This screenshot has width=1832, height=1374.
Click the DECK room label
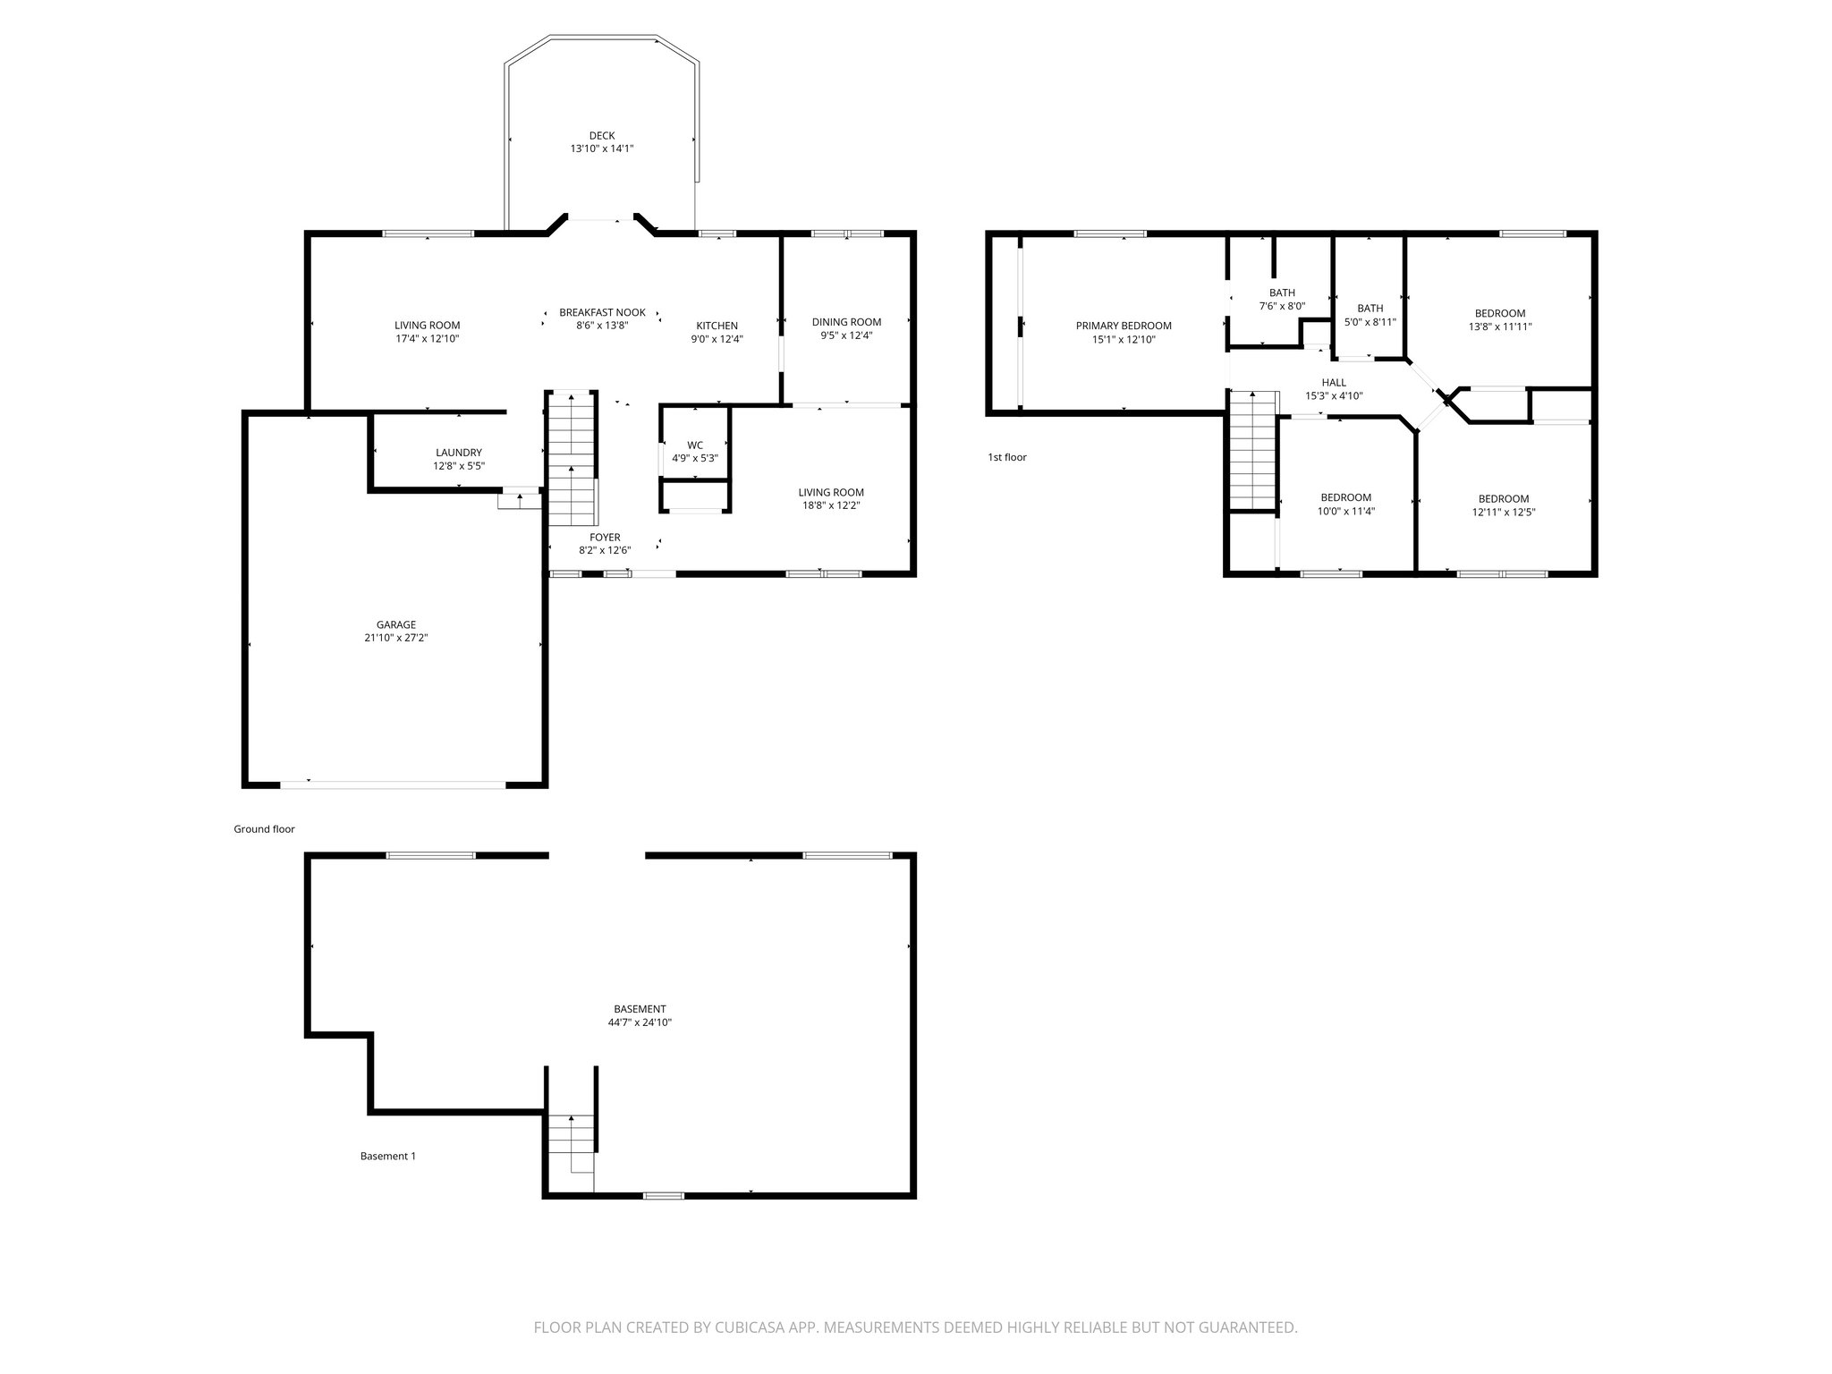602,136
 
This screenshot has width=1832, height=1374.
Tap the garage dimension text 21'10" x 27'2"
395,638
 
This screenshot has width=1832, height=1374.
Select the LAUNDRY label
459,453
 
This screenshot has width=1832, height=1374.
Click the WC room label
695,445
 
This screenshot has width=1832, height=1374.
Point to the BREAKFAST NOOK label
602,312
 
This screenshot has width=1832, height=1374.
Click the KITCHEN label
717,326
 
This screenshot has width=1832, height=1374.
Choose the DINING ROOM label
846,322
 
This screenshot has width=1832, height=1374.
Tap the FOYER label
605,538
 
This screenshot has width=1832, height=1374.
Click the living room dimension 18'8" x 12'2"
831,505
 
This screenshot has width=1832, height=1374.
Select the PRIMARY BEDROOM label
1124,326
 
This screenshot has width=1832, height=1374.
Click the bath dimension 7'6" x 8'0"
1282,306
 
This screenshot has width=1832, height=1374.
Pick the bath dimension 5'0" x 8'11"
1370,322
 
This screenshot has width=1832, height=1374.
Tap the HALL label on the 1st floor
1334,382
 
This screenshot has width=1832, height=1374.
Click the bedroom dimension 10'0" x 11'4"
1346,512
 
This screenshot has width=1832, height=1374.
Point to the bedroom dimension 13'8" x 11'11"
1500,327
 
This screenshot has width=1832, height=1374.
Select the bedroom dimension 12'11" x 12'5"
1504,513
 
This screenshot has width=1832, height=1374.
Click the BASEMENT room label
640,1009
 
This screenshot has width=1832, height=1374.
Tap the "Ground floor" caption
264,829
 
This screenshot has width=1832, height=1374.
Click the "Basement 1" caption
387,1156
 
